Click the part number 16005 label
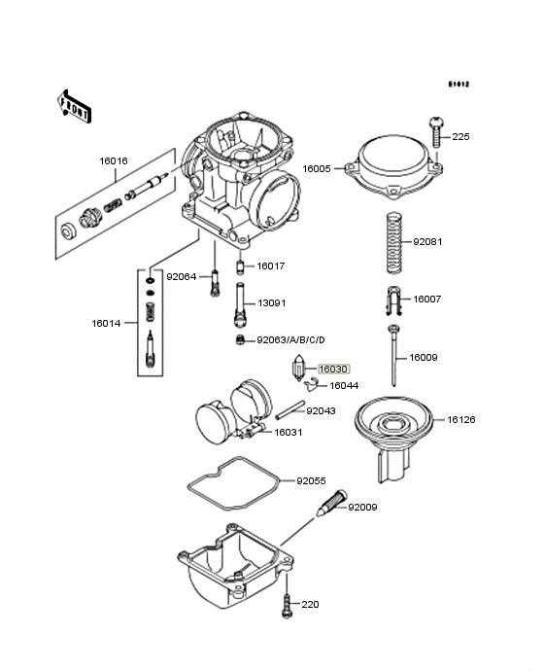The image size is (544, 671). tap(317, 168)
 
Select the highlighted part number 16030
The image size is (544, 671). tap(334, 369)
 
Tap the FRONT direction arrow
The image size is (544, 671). tap(75, 107)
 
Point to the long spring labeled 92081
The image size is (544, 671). tap(394, 243)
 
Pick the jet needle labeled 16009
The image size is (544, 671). tap(393, 356)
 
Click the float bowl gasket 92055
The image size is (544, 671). tap(233, 483)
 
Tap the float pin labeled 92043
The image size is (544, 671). tap(290, 410)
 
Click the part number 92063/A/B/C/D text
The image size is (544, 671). tap(291, 340)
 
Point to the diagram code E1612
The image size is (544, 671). tap(459, 85)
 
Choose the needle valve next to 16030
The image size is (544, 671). tap(298, 367)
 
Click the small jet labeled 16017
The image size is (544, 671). tap(240, 267)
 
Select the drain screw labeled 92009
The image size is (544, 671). tap(332, 504)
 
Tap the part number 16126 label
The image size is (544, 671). tap(461, 419)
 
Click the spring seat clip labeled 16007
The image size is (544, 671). tap(393, 300)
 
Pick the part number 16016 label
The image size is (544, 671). tap(114, 160)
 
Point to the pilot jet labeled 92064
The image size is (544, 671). tap(216, 283)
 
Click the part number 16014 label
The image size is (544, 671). tap(106, 323)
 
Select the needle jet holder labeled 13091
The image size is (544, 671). tap(241, 305)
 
